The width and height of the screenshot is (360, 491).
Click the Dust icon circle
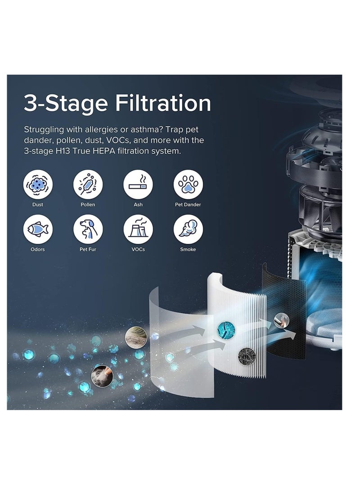tap(37, 185)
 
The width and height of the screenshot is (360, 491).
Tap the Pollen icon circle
tap(88, 185)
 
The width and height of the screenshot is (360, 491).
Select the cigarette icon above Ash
tap(138, 185)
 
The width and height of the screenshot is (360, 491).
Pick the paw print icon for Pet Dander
tap(188, 185)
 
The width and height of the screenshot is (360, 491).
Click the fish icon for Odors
tap(37, 229)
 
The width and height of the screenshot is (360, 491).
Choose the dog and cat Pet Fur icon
tap(88, 229)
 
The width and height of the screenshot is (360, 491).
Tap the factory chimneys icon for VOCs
tap(138, 229)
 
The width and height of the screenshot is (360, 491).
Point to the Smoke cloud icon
tap(188, 229)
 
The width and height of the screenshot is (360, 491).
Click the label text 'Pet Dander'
tap(188, 204)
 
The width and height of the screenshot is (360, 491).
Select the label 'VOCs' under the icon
tap(138, 249)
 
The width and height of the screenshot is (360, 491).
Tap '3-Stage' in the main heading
tap(66, 104)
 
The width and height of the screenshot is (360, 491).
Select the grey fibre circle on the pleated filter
tap(247, 356)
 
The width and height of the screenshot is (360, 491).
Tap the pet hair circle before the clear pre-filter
tap(136, 337)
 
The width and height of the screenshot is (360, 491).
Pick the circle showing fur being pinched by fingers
tap(102, 376)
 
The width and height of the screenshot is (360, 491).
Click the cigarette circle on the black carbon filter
tap(281, 320)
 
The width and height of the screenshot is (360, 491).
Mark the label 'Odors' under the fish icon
tap(37, 249)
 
